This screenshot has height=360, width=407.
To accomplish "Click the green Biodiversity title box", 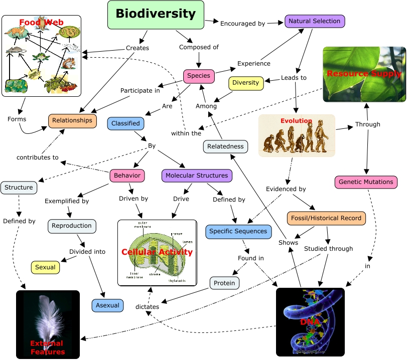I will coord(156,15).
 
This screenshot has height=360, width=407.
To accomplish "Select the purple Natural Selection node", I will coord(315,21).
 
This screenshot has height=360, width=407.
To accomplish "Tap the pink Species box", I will coord(199,76).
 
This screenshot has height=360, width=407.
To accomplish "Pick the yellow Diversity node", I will coord(246,83).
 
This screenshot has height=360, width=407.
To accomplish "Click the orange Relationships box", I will coord(72,120).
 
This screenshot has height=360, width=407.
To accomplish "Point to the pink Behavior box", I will coord(127,175).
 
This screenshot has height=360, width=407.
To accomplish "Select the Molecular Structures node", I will coord(197,175).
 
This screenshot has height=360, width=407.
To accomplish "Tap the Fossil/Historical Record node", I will coord(326,219).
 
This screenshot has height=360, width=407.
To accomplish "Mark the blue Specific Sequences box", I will coord(239,232).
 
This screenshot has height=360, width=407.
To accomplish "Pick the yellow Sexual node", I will coord(45,267).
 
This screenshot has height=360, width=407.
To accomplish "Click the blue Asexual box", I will coord(107,305).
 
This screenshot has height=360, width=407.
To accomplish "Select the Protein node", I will coord(224,283).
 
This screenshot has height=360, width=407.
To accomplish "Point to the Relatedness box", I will coord(226,146).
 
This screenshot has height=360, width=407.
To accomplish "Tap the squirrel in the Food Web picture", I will coord(68,63).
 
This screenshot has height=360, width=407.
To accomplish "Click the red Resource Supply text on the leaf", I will coord(364,74).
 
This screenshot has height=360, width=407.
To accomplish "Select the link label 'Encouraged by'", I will coord(243,23).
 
